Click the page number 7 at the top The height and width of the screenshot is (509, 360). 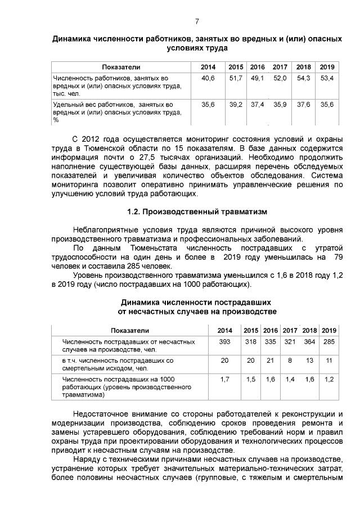click(197, 22)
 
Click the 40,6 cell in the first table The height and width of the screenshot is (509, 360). click(208, 78)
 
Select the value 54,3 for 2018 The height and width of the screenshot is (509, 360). click(304, 78)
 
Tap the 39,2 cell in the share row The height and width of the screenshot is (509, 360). click(236, 105)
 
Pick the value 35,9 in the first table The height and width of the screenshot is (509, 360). click(280, 105)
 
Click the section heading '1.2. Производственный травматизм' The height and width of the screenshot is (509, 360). click(197, 212)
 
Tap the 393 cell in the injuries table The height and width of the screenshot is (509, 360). click(224, 341)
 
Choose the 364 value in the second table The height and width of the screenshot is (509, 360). click(310, 341)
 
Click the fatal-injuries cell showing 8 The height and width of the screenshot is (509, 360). click(290, 360)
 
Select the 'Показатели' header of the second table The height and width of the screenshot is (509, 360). click(130, 330)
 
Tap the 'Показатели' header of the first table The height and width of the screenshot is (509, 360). click(121, 67)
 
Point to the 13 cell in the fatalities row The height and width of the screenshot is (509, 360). click(310, 360)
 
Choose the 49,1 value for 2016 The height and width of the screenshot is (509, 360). click(258, 78)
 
